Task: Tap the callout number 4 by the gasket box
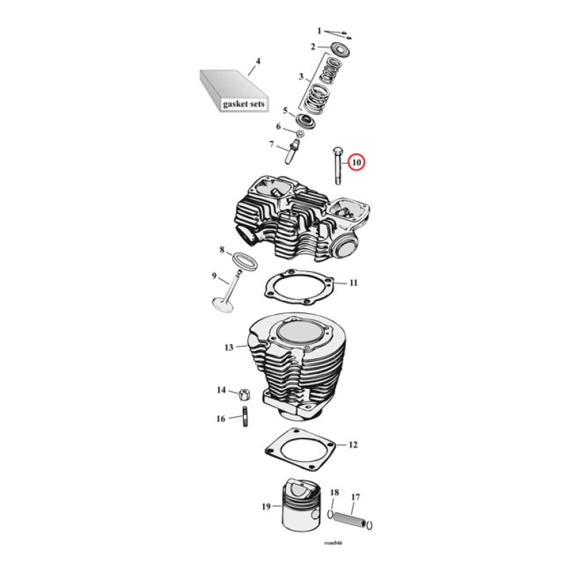click(x=258, y=61)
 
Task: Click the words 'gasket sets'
click(x=243, y=104)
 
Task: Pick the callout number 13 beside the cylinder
click(x=229, y=347)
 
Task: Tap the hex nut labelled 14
click(x=242, y=393)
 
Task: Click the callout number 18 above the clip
click(x=334, y=493)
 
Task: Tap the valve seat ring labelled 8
click(x=243, y=259)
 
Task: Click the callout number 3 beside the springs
click(x=301, y=76)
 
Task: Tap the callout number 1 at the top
click(x=320, y=31)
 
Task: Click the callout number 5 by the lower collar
click(x=285, y=111)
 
